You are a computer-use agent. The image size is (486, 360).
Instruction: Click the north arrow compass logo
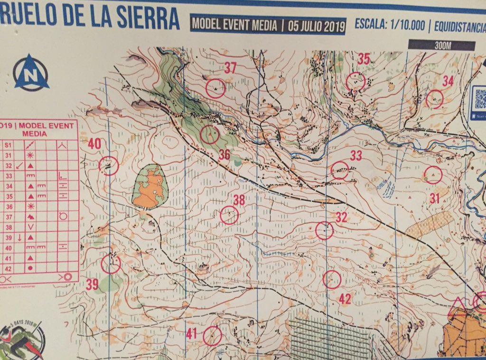31,73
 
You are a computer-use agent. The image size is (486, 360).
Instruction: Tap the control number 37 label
230,68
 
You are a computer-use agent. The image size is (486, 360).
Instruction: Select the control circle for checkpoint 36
209,134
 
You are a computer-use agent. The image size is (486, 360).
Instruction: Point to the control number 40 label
94,144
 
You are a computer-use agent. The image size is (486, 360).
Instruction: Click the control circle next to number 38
229,215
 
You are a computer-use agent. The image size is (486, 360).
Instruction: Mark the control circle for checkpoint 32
325,230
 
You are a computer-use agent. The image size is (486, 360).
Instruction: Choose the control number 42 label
345,299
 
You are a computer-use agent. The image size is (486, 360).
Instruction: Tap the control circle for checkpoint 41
212,335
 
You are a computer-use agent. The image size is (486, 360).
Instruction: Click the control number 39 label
92,284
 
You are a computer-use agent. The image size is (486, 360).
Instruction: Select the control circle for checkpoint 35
355,81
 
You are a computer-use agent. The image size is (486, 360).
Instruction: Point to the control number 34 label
448,81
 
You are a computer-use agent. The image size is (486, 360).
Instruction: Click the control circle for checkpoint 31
433,175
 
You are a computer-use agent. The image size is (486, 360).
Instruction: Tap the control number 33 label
356,155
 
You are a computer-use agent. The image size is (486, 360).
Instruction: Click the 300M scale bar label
441,46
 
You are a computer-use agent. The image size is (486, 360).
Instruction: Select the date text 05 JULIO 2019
316,26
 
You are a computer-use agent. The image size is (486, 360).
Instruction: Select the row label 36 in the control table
8,207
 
